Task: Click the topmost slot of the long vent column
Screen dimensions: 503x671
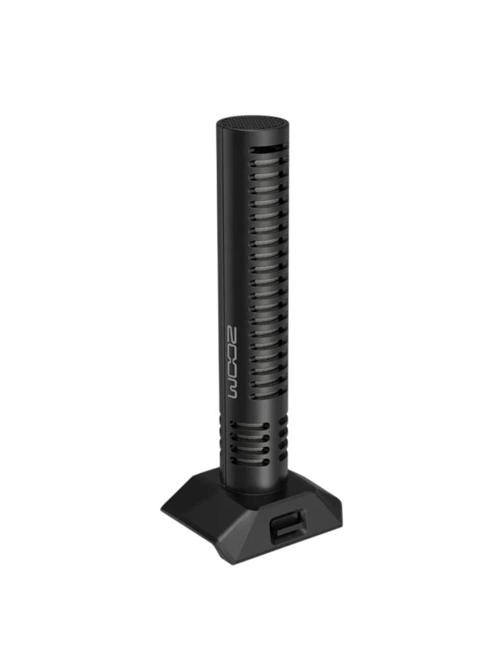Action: (267, 150)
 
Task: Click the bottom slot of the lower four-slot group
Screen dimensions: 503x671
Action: (251, 460)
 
